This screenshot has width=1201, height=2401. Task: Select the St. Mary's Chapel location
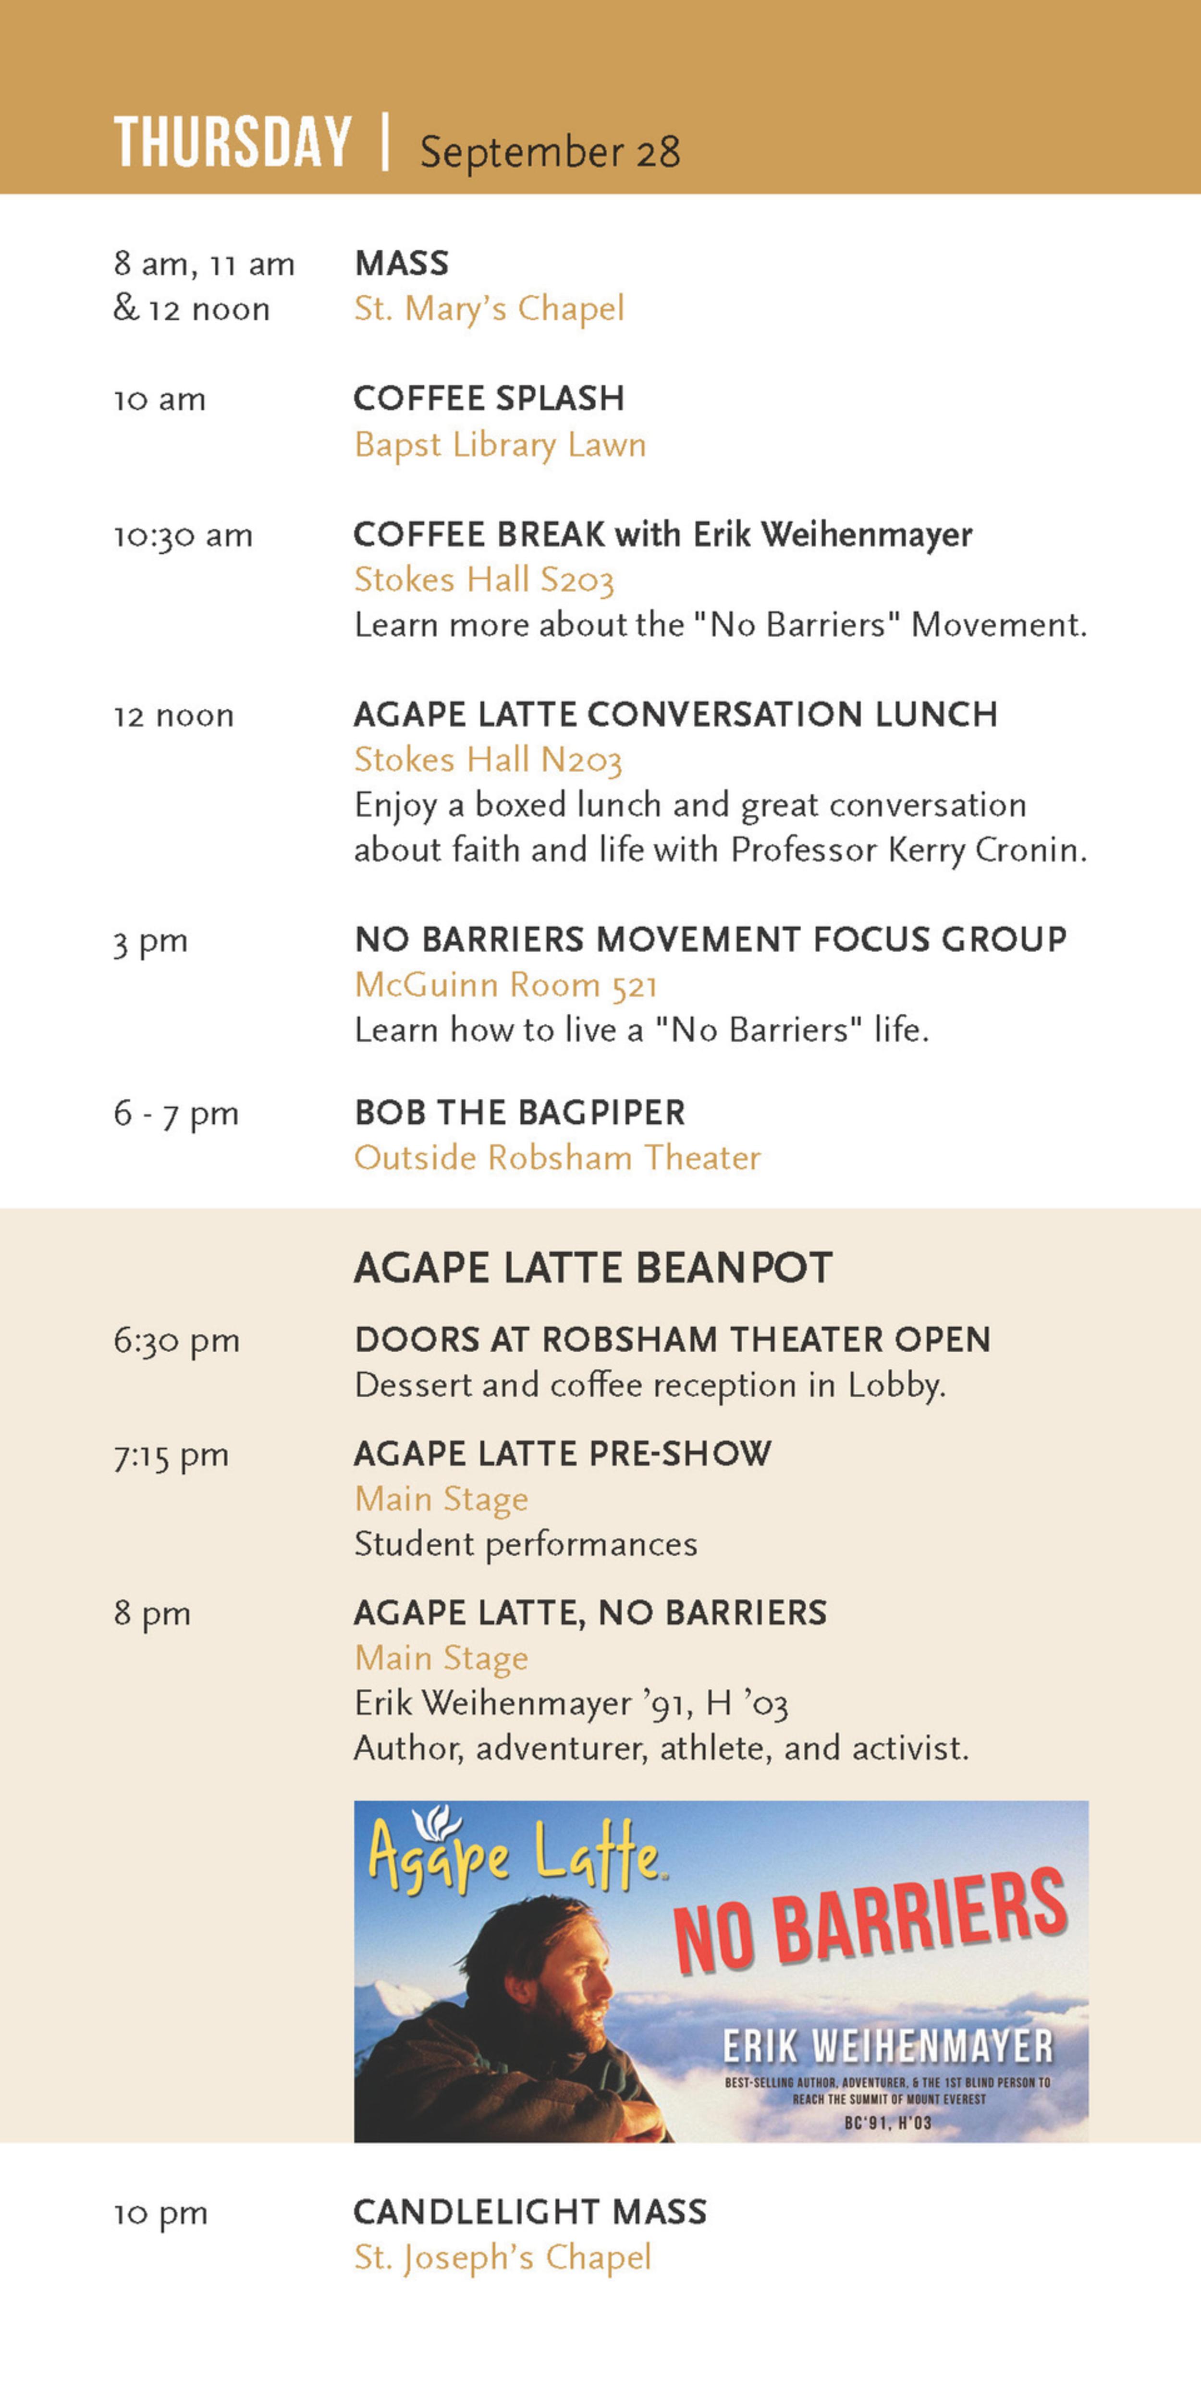tap(489, 308)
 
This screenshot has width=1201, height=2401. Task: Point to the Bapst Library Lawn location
tap(500, 445)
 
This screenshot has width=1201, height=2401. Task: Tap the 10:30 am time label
tap(183, 536)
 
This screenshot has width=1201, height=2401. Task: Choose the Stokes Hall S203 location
tap(484, 580)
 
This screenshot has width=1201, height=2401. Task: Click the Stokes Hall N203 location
tap(488, 760)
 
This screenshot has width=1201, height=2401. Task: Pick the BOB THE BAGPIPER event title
tap(519, 1112)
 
